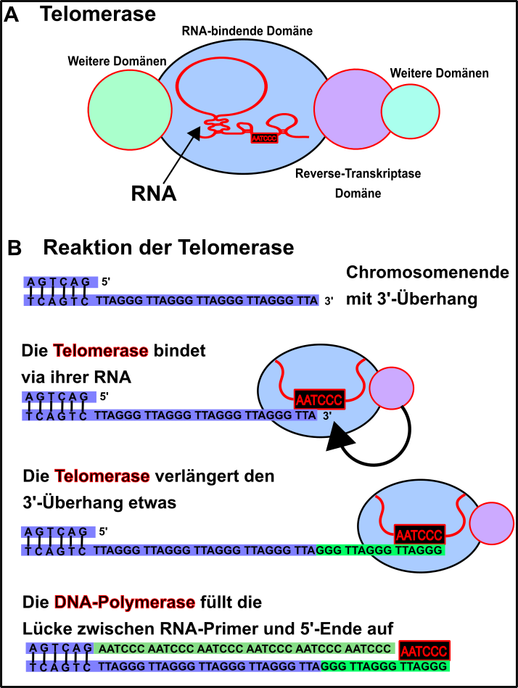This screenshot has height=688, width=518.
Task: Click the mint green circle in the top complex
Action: [130, 110]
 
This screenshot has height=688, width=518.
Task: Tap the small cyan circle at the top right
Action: [411, 111]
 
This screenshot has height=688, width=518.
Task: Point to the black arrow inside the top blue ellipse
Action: [190, 141]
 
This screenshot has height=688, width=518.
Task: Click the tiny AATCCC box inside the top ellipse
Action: [264, 138]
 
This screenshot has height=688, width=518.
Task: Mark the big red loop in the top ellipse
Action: [221, 86]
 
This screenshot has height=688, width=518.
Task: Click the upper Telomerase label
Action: [101, 351]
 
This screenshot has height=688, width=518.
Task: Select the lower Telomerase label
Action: [102, 476]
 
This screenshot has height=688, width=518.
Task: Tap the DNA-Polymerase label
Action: [125, 602]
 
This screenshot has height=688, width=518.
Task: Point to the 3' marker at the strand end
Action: [327, 415]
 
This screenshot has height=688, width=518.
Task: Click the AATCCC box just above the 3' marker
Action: [319, 399]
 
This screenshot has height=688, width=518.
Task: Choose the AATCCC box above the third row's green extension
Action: [419, 535]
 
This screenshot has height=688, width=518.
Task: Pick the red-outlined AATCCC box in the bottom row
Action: [424, 650]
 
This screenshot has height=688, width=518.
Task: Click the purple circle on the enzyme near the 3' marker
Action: [392, 388]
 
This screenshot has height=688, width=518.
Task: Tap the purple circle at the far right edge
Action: [492, 523]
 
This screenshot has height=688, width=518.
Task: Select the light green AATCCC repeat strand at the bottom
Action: [244, 648]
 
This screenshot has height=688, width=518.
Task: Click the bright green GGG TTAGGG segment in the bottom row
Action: [385, 666]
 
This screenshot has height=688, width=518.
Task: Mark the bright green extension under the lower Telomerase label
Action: [379, 550]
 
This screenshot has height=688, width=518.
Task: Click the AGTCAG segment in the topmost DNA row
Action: [60, 282]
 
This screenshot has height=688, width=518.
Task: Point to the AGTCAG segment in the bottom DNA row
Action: [60, 648]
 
